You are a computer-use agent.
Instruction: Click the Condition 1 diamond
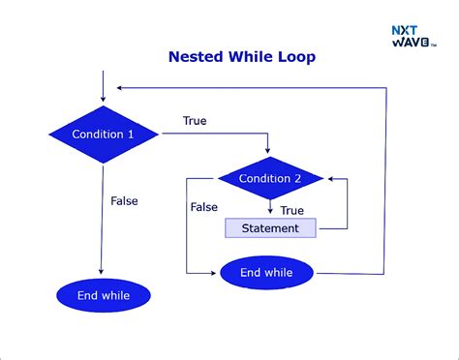[x=104, y=135]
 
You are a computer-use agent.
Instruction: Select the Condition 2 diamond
[x=269, y=178]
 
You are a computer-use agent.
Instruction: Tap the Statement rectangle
[x=270, y=228]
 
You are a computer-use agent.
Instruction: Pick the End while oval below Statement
[x=267, y=273]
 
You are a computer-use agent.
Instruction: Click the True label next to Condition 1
[x=195, y=121]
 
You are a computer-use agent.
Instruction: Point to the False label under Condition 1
[x=124, y=201]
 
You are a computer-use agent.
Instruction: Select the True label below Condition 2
[x=291, y=210]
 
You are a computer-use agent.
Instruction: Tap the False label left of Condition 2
[x=203, y=207]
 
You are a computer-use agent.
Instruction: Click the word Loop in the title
[x=295, y=58]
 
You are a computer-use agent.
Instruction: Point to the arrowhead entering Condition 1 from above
[x=102, y=100]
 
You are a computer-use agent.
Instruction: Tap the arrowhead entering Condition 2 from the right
[x=331, y=179]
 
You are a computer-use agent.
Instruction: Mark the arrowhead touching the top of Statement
[x=269, y=214]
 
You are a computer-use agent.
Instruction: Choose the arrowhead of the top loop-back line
[x=108, y=86]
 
